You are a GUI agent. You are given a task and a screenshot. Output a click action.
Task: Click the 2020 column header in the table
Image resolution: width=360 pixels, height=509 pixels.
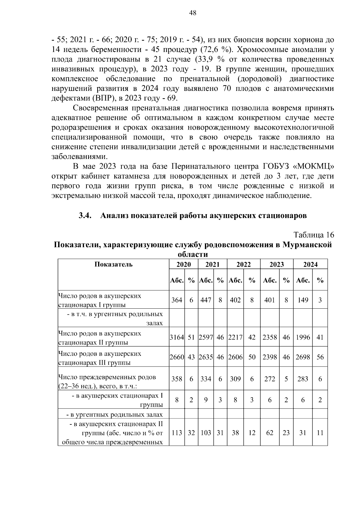[x=183, y=264]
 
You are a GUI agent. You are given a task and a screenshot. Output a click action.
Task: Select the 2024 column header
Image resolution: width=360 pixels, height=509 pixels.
[x=310, y=264]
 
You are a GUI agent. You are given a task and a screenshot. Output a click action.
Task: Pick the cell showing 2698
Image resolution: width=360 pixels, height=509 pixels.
[x=303, y=357]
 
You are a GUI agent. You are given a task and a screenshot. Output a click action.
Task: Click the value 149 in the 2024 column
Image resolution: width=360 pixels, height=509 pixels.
[x=303, y=300]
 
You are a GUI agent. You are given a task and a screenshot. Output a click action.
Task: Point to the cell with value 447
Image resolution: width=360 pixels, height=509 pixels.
[x=206, y=300]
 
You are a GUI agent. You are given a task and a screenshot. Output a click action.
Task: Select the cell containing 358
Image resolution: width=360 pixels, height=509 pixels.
[x=177, y=379]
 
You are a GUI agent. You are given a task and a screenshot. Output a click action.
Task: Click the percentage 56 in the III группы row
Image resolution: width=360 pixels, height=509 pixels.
[x=320, y=357]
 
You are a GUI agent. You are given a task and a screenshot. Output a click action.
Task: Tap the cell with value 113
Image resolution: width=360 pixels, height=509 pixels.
[x=177, y=433]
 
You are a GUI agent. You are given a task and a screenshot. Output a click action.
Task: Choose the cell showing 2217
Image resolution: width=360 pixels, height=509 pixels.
[x=235, y=337]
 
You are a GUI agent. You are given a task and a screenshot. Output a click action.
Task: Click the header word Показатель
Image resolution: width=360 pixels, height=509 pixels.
[x=113, y=264]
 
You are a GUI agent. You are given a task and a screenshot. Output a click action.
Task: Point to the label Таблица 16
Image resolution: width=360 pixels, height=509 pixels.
[x=314, y=235]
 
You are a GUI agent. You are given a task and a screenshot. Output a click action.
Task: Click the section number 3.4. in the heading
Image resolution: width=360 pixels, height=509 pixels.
[x=85, y=216]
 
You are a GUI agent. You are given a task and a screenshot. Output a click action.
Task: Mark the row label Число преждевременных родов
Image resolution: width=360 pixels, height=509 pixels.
[x=107, y=377]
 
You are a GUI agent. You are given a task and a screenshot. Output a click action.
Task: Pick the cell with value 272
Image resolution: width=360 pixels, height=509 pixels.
[x=270, y=379]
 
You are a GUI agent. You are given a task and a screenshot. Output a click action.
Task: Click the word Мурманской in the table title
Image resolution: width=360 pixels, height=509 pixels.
[x=307, y=245]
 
